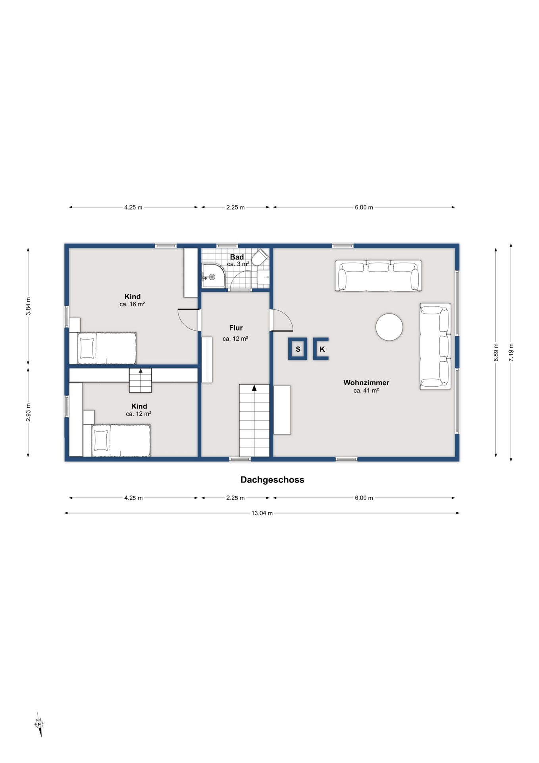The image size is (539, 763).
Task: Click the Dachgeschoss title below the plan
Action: (272, 480)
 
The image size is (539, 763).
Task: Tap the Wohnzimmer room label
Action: (366, 383)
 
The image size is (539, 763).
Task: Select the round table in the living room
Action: (389, 327)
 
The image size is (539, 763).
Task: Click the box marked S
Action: (298, 349)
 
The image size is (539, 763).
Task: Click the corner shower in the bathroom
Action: (214, 275)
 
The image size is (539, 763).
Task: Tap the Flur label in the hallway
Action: (236, 328)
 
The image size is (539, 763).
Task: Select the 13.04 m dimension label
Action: (262, 513)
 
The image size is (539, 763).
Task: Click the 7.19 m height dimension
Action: (511, 352)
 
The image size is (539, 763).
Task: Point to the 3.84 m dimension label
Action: (28, 306)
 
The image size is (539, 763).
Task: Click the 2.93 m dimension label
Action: (28, 412)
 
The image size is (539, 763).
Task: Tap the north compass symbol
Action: (39, 724)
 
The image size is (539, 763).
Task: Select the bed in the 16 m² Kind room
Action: (107, 348)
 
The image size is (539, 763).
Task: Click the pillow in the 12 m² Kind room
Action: (101, 440)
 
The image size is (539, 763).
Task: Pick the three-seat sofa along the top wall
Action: (378, 276)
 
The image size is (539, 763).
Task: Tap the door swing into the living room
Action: (283, 320)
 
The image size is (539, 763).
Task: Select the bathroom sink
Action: (263, 277)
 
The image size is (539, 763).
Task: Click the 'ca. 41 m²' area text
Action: (366, 391)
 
